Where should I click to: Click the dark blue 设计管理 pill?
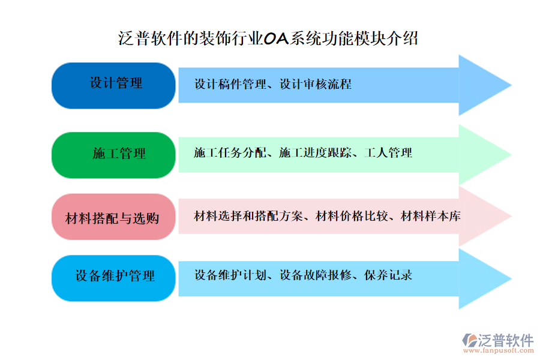(114, 85)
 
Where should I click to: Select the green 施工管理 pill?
(114, 154)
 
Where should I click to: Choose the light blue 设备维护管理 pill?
(114, 277)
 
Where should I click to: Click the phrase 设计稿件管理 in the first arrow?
(230, 85)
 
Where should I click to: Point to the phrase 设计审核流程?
(316, 85)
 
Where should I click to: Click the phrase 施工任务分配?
(230, 153)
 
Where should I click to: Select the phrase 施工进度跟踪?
(316, 153)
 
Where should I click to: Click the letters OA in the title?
(277, 40)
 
